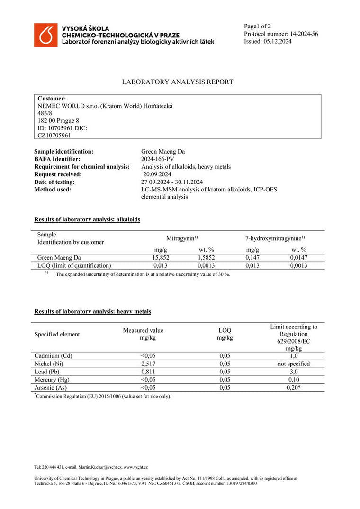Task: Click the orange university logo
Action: [45, 35]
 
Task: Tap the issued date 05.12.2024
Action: [277, 41]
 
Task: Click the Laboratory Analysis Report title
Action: [178, 82]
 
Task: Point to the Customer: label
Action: [52, 98]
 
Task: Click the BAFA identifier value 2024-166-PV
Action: [158, 159]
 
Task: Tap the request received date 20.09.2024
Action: [157, 174]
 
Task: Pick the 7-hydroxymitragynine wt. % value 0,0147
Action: [298, 258]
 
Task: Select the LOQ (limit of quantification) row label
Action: [74, 266]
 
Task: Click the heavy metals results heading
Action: [93, 311]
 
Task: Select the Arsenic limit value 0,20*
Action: [294, 388]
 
